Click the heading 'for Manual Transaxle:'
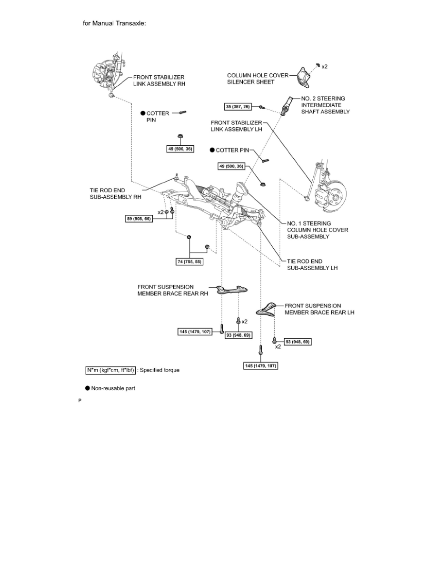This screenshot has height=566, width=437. pos(115,23)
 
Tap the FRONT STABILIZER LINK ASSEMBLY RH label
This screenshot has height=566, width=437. pos(159,80)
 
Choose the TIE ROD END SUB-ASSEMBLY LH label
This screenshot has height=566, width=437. pos(312,264)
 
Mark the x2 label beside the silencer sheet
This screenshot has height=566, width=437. pos(324,67)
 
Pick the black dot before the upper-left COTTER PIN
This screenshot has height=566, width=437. pos(142,113)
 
